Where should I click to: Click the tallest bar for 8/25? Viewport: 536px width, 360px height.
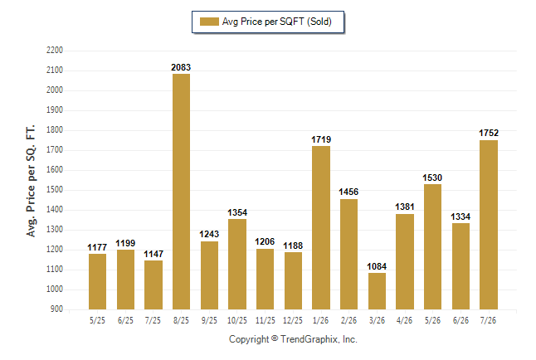point(181,192)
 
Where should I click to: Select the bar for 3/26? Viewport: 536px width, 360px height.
point(377,291)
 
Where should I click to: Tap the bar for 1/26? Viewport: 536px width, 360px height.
point(321,227)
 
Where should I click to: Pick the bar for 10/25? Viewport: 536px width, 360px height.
point(237,265)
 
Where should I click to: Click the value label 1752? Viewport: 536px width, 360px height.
point(489,133)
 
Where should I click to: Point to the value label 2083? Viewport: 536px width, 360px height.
point(181,67)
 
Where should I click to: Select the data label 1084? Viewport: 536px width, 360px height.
point(377,266)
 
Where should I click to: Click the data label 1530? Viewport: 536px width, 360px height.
point(432,178)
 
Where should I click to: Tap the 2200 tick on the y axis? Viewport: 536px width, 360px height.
point(55,51)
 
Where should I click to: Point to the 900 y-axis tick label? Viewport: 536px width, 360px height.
point(56,309)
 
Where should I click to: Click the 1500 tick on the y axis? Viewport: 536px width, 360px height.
point(55,190)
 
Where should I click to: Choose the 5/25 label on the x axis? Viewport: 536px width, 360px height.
point(97,320)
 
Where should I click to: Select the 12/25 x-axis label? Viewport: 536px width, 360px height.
point(293,320)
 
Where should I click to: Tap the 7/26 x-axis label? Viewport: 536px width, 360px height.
point(488,320)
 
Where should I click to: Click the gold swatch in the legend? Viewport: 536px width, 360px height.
point(209,22)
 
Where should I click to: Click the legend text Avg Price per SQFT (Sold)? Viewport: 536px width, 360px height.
point(277,22)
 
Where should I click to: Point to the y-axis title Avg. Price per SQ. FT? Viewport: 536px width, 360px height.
point(31,181)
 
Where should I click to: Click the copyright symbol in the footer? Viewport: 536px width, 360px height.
point(275,338)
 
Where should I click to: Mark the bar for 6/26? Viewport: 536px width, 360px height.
point(460,266)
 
